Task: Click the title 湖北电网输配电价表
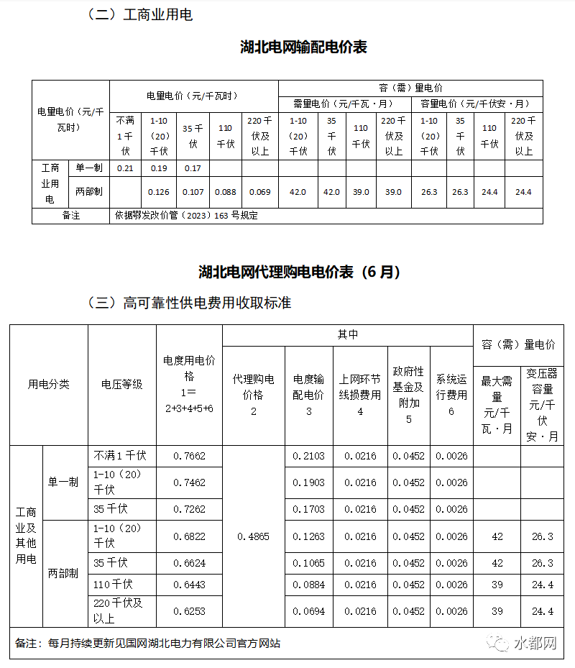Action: point(303,47)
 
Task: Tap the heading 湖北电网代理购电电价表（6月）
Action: point(299,273)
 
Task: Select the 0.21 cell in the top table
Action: point(125,168)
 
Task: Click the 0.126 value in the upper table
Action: point(159,192)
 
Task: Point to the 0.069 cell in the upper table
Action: point(259,192)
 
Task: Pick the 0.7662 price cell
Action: point(189,456)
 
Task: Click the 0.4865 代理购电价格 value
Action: point(254,536)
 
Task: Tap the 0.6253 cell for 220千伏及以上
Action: point(189,611)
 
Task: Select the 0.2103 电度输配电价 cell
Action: point(308,456)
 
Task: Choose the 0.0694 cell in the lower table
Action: point(308,611)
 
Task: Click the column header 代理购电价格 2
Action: point(254,395)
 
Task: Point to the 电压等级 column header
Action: point(122,385)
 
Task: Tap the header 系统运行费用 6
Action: point(451,395)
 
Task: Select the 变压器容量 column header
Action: point(543,405)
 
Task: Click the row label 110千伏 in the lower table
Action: point(114,585)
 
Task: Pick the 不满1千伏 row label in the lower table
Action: point(120,456)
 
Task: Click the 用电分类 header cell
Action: point(49,385)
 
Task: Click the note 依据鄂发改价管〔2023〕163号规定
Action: point(186,215)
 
